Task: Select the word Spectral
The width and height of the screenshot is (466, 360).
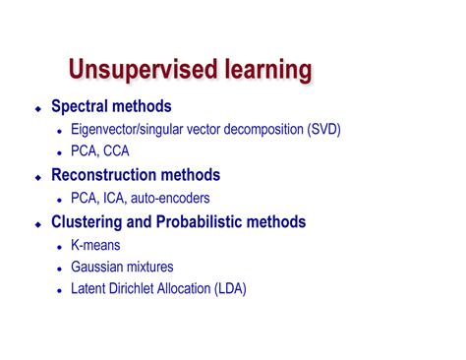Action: [x=81, y=106]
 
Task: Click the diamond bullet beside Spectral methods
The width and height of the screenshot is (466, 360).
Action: [x=38, y=107]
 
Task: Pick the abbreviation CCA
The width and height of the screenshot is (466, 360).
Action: [x=113, y=151]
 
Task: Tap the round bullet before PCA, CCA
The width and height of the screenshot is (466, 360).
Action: [x=60, y=152]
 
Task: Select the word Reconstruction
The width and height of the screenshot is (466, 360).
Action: [x=104, y=175]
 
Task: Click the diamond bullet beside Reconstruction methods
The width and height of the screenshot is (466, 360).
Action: [x=38, y=176]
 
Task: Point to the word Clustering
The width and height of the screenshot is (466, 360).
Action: [x=87, y=221]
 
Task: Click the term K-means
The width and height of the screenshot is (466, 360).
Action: [x=95, y=244]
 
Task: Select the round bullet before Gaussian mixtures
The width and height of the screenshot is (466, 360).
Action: [x=60, y=268]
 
